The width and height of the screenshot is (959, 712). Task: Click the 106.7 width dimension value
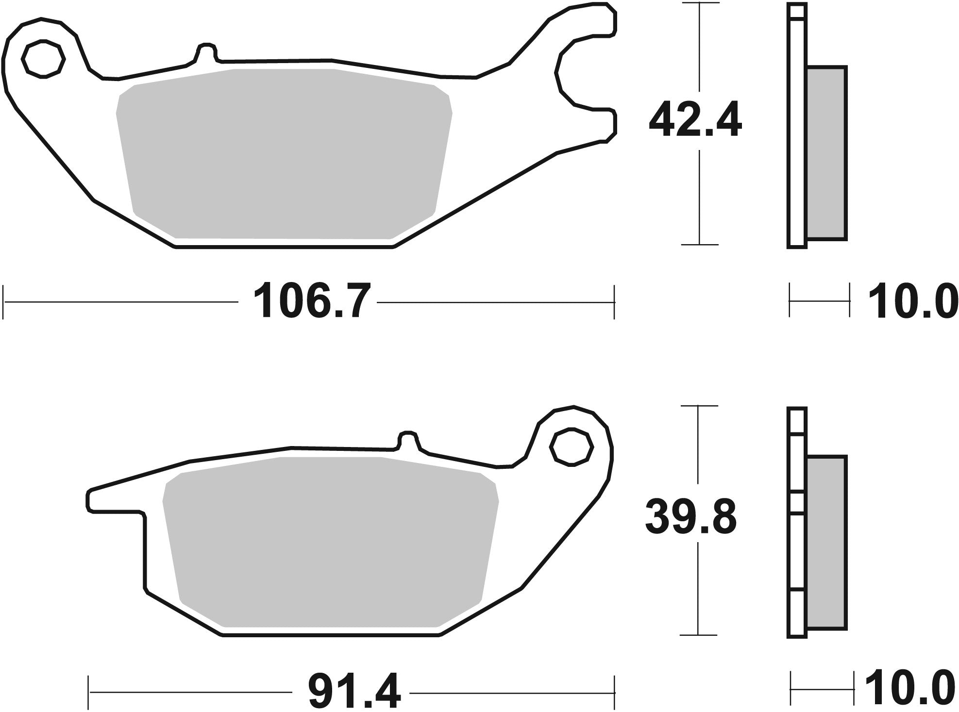308,302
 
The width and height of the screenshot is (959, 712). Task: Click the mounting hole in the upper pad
44,59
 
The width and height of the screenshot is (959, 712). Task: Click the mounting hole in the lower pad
572,447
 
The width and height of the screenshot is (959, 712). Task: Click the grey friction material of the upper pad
284,153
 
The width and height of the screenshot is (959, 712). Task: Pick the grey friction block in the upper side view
826,153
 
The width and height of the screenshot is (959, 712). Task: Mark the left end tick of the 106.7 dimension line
4,302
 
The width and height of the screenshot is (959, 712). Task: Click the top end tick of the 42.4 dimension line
699,4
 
